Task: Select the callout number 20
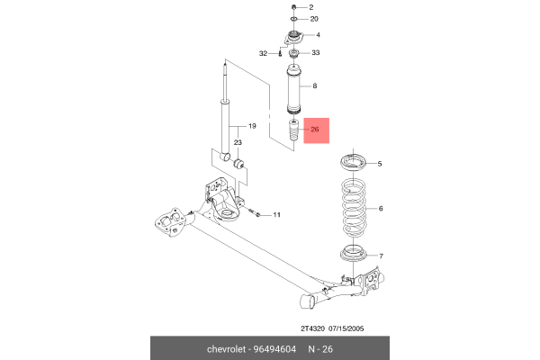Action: click(315, 19)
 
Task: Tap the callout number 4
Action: click(317, 35)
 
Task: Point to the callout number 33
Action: click(315, 53)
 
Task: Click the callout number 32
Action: click(263, 54)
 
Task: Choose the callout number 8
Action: click(314, 86)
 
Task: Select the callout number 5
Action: click(380, 164)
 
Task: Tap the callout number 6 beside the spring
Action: click(381, 209)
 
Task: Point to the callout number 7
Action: click(380, 256)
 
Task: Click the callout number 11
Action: click(276, 214)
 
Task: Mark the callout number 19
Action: click(253, 126)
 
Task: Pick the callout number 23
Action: click(238, 142)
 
